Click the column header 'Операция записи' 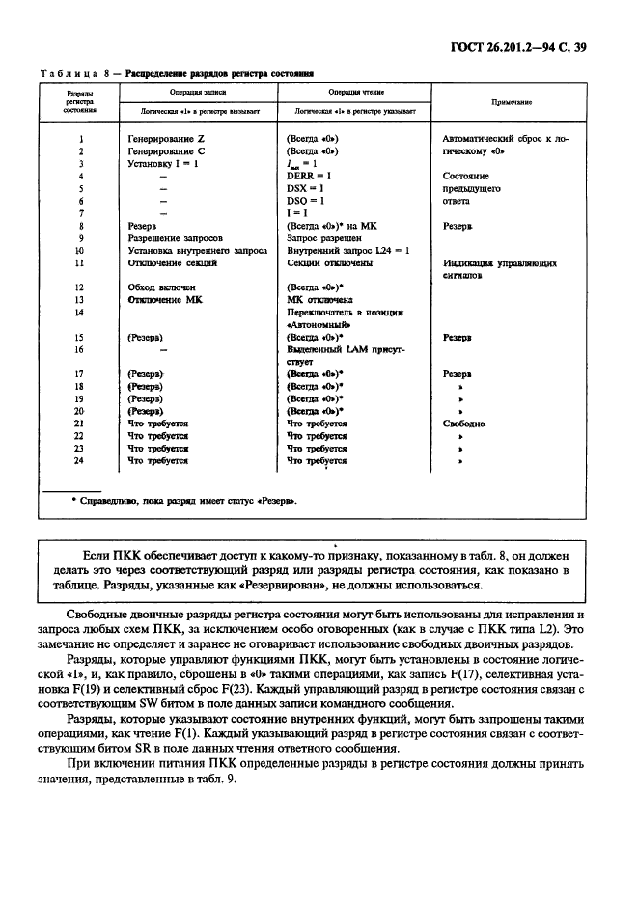(x=195, y=90)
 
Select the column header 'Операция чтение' (x=352, y=90)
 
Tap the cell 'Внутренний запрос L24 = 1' (x=348, y=250)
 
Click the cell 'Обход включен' (x=161, y=287)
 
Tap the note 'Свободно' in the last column (x=463, y=424)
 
